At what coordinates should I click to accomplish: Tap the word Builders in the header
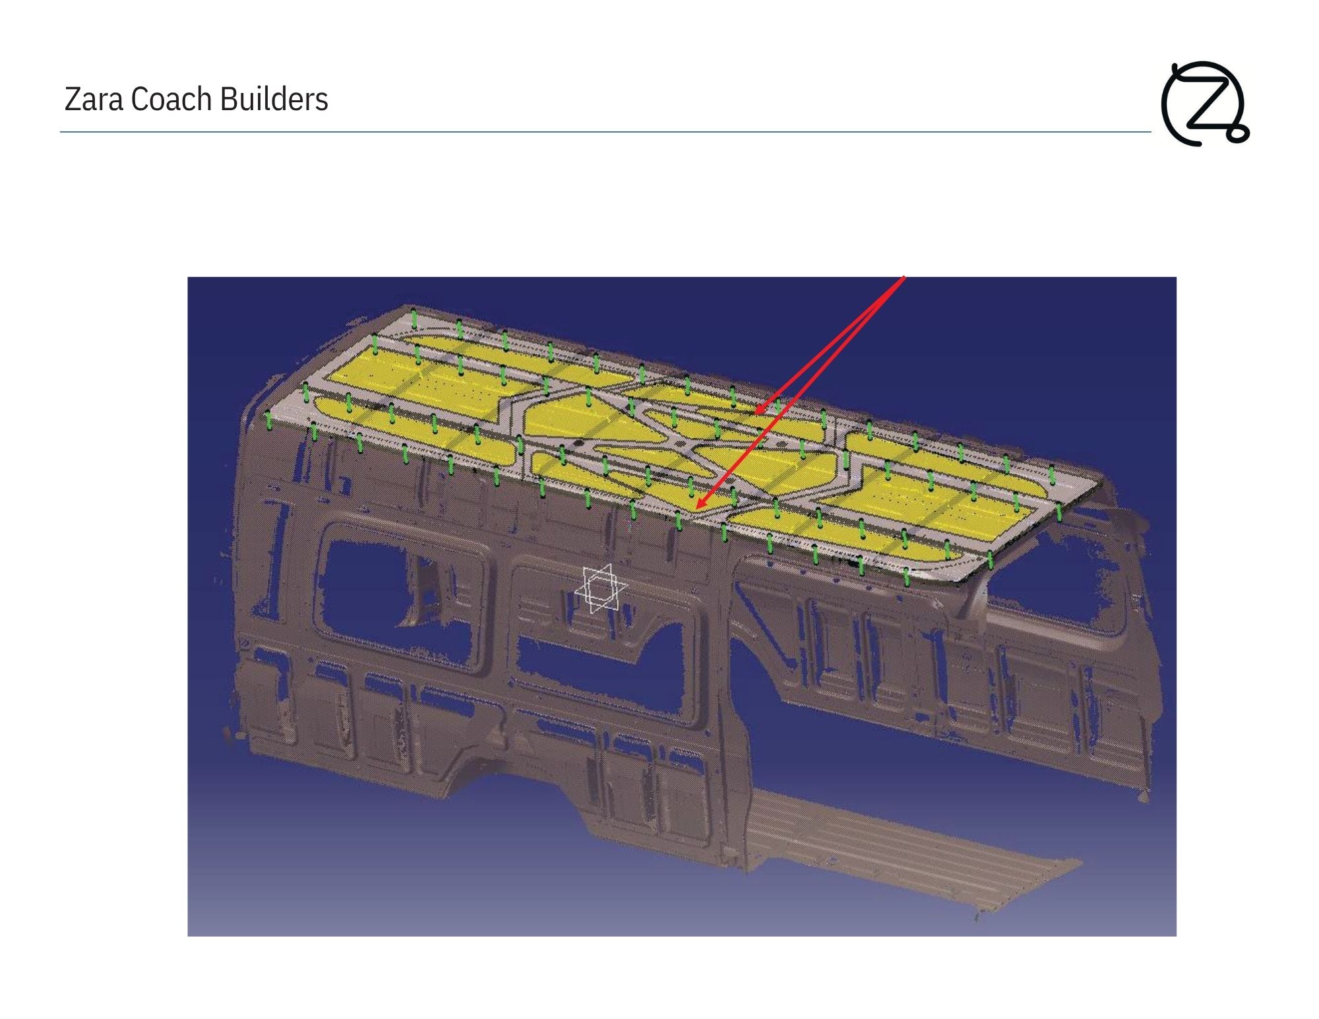[274, 100]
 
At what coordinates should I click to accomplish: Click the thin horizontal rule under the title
[605, 132]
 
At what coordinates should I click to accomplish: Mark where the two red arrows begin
[904, 277]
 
